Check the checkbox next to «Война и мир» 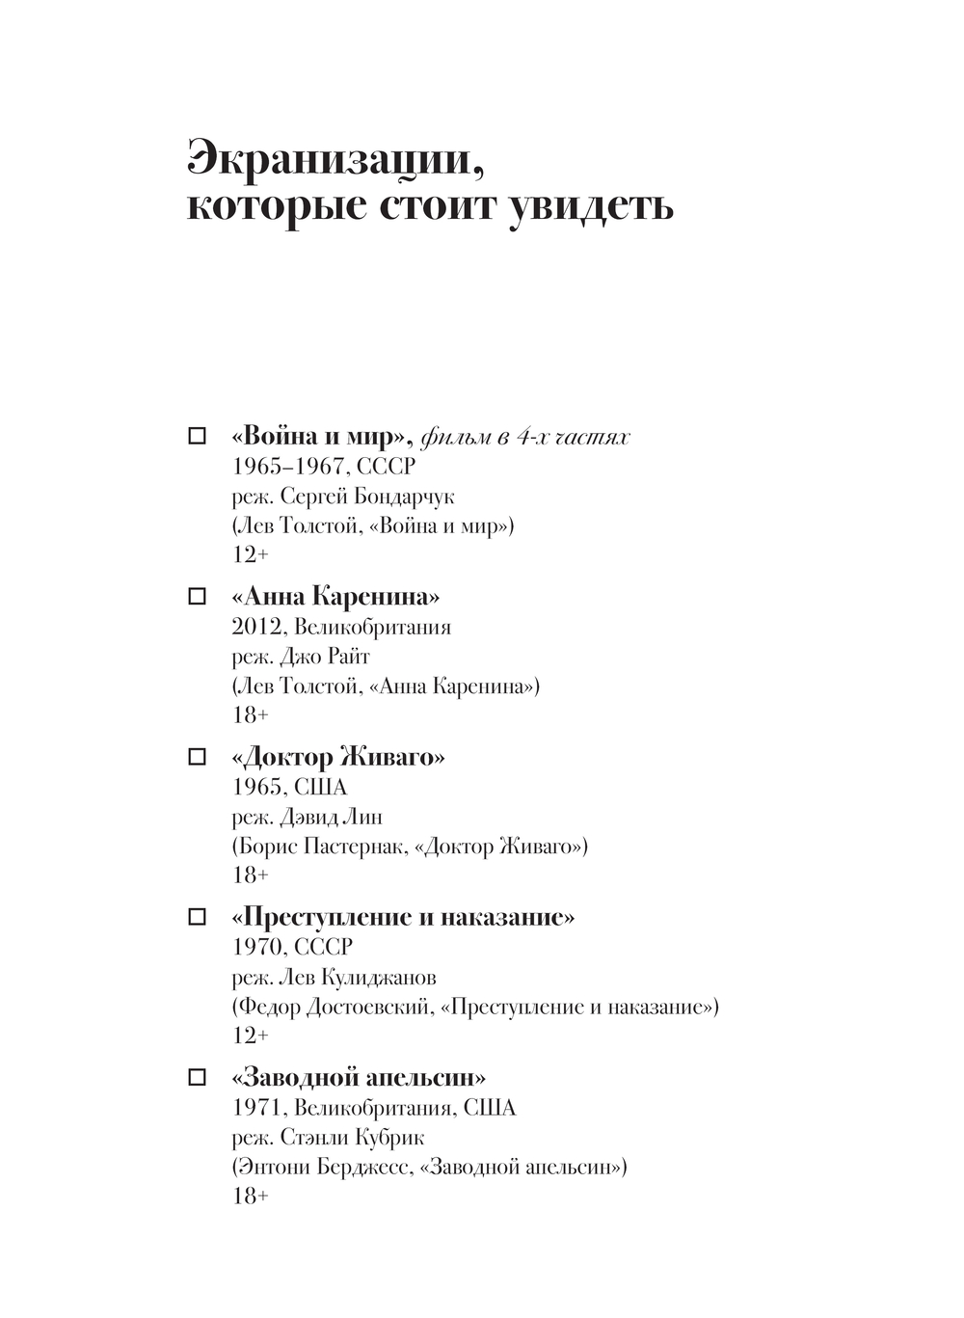(x=197, y=436)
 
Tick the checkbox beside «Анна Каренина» (x=197, y=596)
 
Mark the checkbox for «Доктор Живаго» (x=197, y=756)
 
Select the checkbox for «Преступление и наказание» (x=197, y=916)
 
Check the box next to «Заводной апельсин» (x=197, y=1076)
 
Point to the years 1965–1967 (x=288, y=467)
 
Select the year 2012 (x=256, y=627)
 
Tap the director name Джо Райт (x=324, y=657)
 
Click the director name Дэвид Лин (x=331, y=817)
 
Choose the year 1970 (x=256, y=947)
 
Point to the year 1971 (x=256, y=1107)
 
